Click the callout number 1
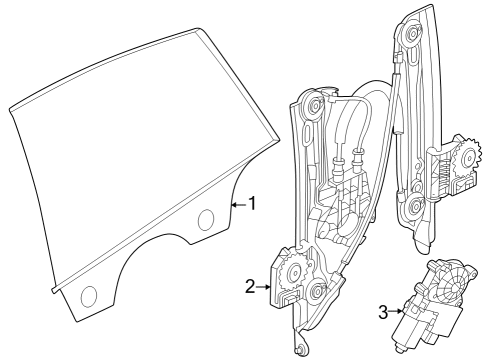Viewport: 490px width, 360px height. [x=253, y=204]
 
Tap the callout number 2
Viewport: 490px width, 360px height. [x=250, y=287]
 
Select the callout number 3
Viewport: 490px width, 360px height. [x=382, y=311]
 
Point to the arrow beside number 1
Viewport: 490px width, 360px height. [x=237, y=204]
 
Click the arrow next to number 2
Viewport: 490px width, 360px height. [x=265, y=287]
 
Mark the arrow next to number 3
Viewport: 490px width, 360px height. [x=397, y=311]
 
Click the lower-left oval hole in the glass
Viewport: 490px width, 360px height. [x=89, y=294]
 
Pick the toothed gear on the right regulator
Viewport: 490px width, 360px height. [x=465, y=156]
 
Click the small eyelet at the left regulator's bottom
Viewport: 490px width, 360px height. [x=299, y=349]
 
